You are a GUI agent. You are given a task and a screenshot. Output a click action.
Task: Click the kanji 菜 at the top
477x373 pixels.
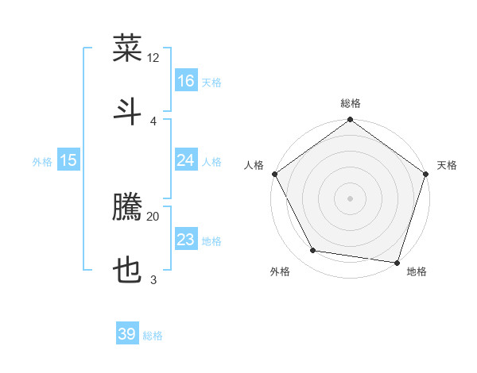click(x=127, y=49)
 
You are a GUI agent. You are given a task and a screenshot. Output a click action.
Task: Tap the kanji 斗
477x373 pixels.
click(x=127, y=110)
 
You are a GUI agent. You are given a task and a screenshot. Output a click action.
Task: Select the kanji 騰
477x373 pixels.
click(x=127, y=209)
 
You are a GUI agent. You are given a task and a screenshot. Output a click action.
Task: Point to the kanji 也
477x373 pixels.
click(x=127, y=271)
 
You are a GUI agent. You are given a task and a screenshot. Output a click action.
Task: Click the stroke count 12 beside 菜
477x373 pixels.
click(x=153, y=58)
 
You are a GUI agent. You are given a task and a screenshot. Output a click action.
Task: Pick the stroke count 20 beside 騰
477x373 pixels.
click(x=153, y=216)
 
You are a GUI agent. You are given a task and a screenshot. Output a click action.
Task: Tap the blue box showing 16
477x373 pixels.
click(x=186, y=81)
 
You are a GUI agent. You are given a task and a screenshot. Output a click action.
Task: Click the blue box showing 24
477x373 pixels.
click(x=186, y=160)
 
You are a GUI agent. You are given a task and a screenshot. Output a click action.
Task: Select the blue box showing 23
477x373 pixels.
click(x=186, y=240)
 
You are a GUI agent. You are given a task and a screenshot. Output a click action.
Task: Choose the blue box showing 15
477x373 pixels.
click(x=68, y=160)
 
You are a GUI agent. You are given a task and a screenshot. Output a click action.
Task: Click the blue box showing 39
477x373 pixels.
click(x=127, y=334)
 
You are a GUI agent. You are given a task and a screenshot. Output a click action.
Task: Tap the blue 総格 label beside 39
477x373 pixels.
click(x=153, y=336)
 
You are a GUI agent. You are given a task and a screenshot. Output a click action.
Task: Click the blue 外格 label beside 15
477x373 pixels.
click(x=42, y=162)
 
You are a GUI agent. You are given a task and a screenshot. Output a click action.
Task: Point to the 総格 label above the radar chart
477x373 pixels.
click(x=351, y=103)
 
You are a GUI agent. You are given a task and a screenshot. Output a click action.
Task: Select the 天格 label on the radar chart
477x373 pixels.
click(x=447, y=165)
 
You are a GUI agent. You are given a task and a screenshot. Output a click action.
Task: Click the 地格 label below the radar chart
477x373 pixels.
click(x=417, y=271)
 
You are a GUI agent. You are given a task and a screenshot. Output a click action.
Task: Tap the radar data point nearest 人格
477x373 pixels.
click(x=275, y=174)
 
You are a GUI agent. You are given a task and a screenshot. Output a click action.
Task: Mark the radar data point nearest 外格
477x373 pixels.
click(x=313, y=251)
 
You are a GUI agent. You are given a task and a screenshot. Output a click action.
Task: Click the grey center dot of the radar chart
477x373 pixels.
click(x=351, y=198)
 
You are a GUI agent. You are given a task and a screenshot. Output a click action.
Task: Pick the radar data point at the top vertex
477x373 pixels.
click(x=351, y=121)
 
